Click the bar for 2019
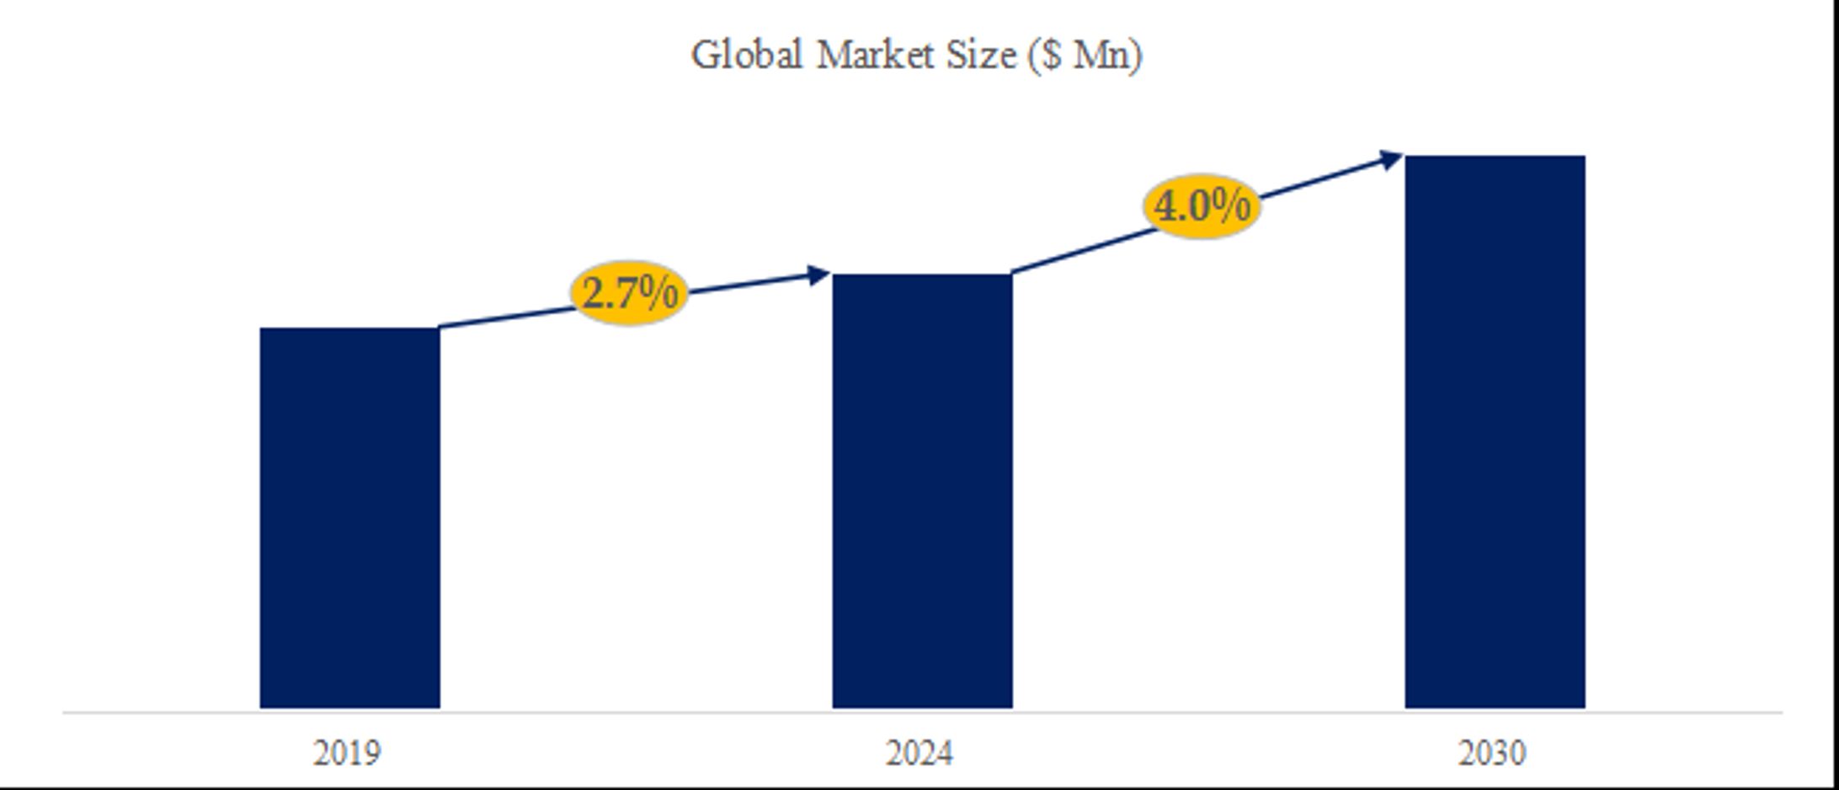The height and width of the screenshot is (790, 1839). (x=349, y=517)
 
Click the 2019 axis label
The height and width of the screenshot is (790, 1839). (x=347, y=753)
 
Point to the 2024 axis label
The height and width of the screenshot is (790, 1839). (x=919, y=753)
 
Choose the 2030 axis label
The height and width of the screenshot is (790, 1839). (x=1492, y=753)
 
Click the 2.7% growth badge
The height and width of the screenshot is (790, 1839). (x=629, y=293)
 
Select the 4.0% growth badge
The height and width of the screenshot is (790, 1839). (x=1202, y=206)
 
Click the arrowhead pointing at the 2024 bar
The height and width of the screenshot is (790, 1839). (x=818, y=275)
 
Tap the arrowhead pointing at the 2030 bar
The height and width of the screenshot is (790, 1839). (x=1391, y=159)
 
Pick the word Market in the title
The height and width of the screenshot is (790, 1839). (x=876, y=56)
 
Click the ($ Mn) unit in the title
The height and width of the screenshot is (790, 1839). (x=1085, y=56)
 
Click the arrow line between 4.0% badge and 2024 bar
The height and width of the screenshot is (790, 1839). (x=1082, y=250)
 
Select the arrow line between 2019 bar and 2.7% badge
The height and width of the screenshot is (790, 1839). (x=505, y=318)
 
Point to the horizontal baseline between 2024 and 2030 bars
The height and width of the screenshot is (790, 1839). (x=1208, y=713)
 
